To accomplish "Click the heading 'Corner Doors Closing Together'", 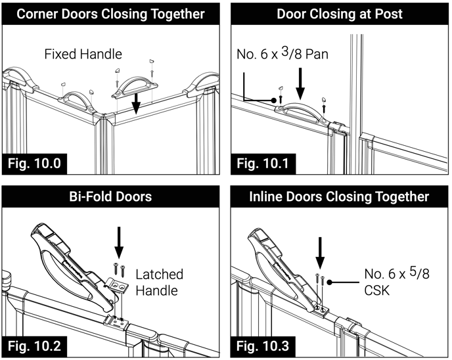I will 112,14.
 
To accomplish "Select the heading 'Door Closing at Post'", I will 339,14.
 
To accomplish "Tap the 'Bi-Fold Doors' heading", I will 112,196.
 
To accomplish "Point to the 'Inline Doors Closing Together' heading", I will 339,196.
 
